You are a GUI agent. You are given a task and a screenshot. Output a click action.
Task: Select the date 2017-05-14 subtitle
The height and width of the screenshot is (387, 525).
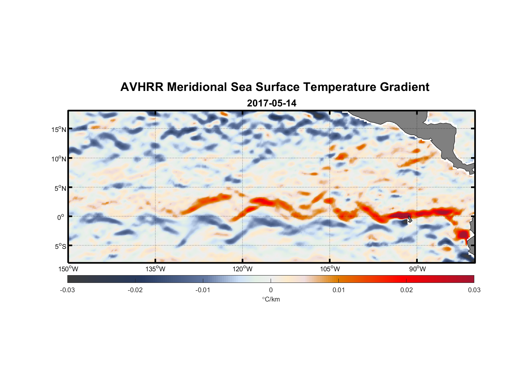pos(271,103)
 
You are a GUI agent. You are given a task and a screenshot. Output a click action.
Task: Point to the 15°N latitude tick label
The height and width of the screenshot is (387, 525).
pos(59,129)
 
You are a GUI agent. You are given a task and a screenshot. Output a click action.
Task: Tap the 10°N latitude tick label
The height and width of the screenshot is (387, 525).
pos(59,159)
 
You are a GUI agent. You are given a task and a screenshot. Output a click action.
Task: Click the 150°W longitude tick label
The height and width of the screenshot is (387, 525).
pos(69,269)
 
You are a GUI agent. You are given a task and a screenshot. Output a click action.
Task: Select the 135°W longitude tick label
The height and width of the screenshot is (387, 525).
pos(156,269)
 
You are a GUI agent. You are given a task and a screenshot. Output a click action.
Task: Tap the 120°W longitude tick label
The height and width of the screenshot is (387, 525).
pos(243,269)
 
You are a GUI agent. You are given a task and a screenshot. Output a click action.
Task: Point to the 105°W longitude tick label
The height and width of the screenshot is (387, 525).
pos(330,269)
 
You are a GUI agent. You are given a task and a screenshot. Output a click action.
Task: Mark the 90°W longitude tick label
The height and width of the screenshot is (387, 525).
pos(417,269)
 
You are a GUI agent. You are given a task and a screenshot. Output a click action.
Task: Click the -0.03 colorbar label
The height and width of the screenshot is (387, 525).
pos(67,290)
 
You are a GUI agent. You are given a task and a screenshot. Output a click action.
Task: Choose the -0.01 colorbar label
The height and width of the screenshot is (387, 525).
pos(203,290)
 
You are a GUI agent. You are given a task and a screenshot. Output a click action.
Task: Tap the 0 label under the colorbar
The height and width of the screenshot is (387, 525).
pos(271,290)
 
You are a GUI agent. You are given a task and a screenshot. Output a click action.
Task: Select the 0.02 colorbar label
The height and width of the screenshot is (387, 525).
pos(407,290)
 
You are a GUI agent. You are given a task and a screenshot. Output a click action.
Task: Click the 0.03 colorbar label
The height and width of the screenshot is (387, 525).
pos(474,290)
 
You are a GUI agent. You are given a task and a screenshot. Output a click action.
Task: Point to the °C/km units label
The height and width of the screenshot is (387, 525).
pos(271,299)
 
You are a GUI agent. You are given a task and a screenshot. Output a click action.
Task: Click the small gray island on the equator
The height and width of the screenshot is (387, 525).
pos(410,219)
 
